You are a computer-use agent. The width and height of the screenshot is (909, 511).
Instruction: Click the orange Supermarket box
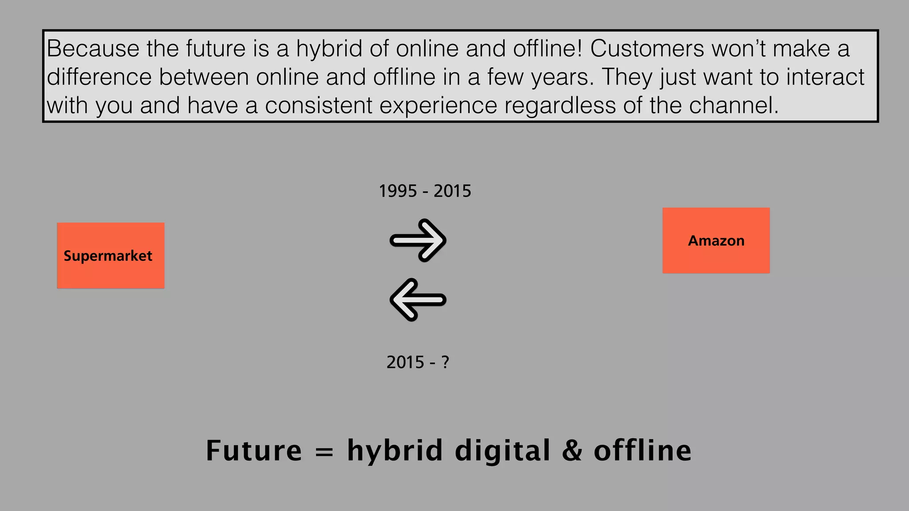pyautogui.click(x=111, y=255)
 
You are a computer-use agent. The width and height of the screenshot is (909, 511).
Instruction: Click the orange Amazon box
pyautogui.click(x=716, y=240)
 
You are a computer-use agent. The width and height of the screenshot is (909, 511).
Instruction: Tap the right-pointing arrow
pyautogui.click(x=418, y=240)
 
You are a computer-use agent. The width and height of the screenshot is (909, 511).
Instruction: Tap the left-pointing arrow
pyautogui.click(x=418, y=300)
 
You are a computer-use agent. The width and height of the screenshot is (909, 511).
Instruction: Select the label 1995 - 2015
pyautogui.click(x=425, y=191)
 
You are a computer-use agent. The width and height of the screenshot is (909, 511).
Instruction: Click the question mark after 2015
pyautogui.click(x=445, y=362)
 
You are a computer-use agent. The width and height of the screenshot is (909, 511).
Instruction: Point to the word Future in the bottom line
pyautogui.click(x=253, y=451)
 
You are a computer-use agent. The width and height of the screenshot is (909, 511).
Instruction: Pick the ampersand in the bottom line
pyautogui.click(x=572, y=451)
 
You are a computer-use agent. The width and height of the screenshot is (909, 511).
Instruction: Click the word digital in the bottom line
pyautogui.click(x=503, y=451)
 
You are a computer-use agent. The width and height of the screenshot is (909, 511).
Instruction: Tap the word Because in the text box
pyautogui.click(x=93, y=48)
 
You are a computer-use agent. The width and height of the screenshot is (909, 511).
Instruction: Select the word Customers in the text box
pyautogui.click(x=647, y=48)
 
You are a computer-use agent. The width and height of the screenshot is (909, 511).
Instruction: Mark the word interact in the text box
pyautogui.click(x=825, y=77)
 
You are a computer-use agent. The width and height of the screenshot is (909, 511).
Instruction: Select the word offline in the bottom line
pyautogui.click(x=642, y=451)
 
